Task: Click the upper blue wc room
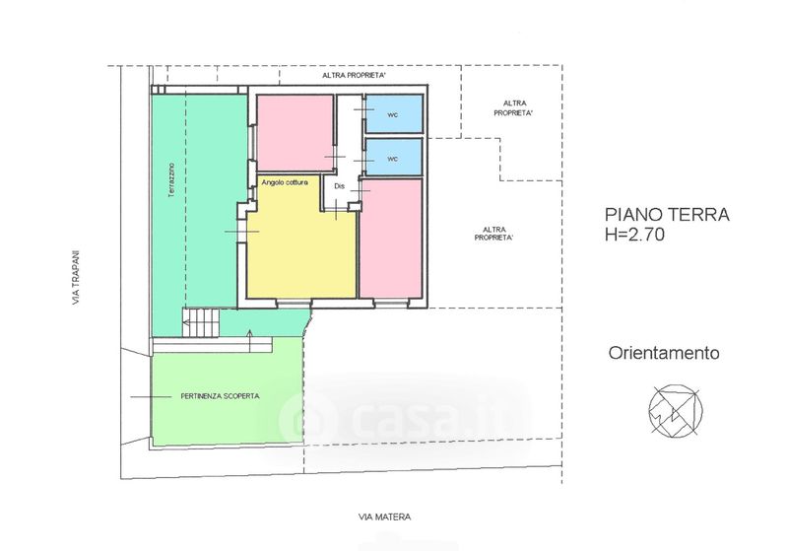393,114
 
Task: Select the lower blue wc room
393,158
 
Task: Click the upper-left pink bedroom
295,133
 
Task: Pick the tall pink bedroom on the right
391,238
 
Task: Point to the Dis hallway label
339,186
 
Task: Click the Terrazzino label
171,179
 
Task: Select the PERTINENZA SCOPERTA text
220,396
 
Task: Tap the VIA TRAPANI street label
76,278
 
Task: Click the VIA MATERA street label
384,517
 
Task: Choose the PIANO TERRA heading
667,215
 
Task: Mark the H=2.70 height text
634,235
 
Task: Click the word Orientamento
664,353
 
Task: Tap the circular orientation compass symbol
676,410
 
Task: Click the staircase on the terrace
201,322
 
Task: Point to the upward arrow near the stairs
250,340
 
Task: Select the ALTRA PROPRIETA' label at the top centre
354,76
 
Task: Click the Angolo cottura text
285,182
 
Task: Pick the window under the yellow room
294,303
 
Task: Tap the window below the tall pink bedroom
391,303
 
